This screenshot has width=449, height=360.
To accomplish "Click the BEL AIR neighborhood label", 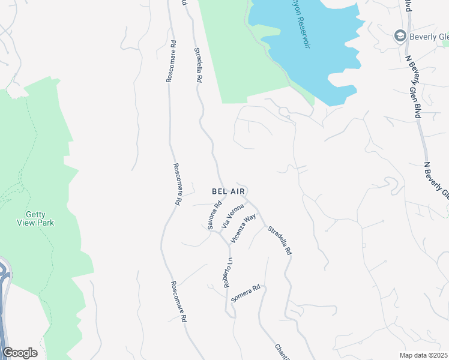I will pyautogui.click(x=228, y=191).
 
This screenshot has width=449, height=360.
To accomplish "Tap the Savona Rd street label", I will pyautogui.click(x=214, y=215).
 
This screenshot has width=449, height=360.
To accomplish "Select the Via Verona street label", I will pyautogui.click(x=233, y=216).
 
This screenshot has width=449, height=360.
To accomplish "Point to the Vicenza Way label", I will pyautogui.click(x=243, y=227).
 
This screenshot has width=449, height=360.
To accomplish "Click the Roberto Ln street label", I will pyautogui.click(x=228, y=273).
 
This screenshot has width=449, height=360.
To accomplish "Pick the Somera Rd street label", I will pyautogui.click(x=246, y=293).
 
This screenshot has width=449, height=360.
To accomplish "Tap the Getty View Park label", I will pyautogui.click(x=40, y=218).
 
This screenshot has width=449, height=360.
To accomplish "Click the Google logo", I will pyautogui.click(x=20, y=353).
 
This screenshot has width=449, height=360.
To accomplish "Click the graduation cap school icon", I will pyautogui.click(x=399, y=37).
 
